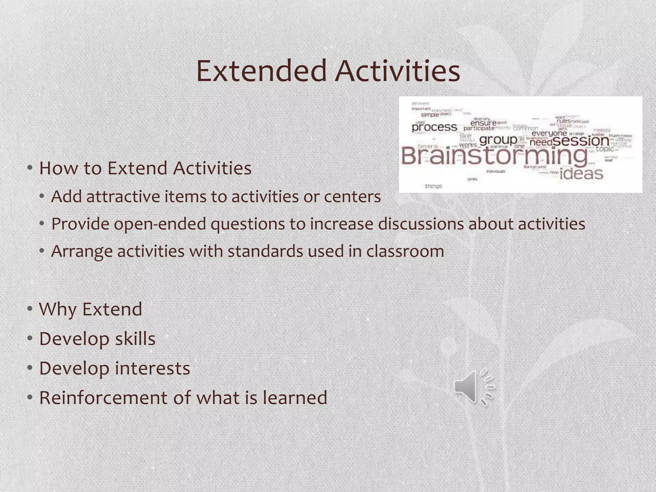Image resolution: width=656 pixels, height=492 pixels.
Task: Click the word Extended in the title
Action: (261, 71)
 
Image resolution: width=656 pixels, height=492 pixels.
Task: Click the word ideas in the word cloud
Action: (581, 174)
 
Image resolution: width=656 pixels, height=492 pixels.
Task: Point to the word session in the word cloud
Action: (581, 140)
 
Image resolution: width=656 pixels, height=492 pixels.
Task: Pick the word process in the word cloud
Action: (434, 127)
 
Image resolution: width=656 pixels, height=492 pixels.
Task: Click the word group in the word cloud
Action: (498, 140)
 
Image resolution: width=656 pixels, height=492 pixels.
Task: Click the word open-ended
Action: (160, 224)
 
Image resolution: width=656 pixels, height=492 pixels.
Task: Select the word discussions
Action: (421, 224)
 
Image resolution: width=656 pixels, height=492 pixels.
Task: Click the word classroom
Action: (405, 251)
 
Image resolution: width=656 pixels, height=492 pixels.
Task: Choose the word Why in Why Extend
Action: (58, 309)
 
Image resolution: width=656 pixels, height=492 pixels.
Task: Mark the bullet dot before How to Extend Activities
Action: (30, 168)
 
